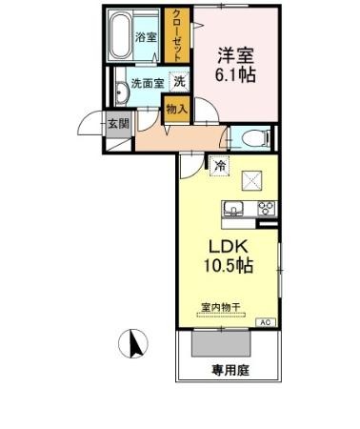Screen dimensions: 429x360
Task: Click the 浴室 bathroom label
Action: (145, 38)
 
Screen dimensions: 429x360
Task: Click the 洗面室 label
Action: (148, 83)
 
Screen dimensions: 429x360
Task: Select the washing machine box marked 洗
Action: (179, 82)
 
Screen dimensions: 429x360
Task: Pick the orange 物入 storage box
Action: (176, 110)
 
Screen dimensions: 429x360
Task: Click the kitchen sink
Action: (232, 210)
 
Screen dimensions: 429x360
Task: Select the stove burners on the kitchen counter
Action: (265, 210)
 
